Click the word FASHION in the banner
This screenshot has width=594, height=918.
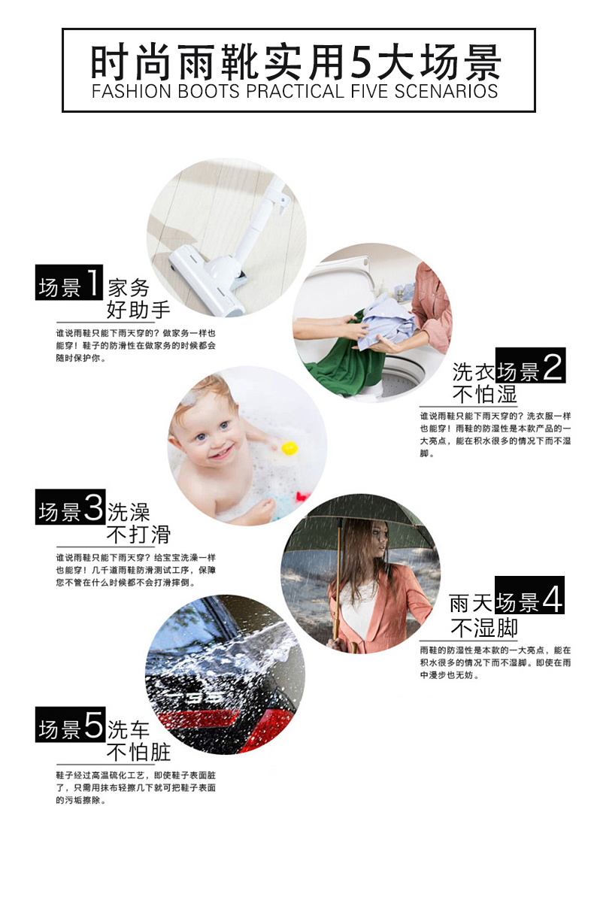(131, 92)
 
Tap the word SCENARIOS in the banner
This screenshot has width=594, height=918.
(446, 92)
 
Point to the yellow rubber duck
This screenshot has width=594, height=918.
(289, 448)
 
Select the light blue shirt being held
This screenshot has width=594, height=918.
(387, 324)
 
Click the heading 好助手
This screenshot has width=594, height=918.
(138, 310)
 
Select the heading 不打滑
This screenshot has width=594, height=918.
(138, 535)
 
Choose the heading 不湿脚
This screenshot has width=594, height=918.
(484, 628)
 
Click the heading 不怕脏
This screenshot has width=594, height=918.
(138, 753)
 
